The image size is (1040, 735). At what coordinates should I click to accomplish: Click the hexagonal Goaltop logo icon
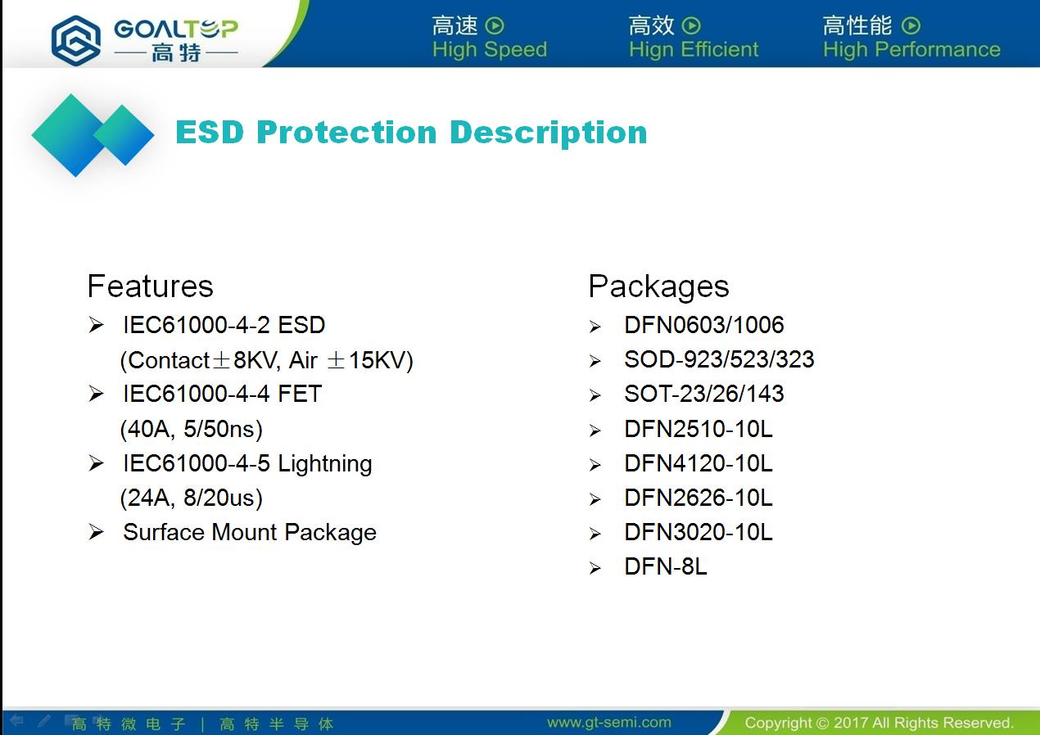[x=75, y=40]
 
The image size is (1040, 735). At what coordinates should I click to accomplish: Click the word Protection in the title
[x=346, y=133]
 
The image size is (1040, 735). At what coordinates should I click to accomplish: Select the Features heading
[x=151, y=286]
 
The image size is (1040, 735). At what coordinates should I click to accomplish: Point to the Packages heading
[x=659, y=286]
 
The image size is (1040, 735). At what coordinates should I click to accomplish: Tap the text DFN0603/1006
[x=704, y=325]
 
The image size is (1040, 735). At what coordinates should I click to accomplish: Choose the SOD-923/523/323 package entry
[x=719, y=359]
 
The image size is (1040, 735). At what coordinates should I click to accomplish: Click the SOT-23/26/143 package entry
[x=704, y=394]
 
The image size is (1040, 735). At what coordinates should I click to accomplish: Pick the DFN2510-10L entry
[x=699, y=429]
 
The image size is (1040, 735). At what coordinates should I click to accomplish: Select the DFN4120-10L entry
[x=699, y=463]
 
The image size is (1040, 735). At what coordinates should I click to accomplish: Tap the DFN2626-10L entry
[x=699, y=498]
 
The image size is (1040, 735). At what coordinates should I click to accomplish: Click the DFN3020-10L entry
[x=699, y=532]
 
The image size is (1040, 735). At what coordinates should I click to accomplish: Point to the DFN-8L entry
[x=665, y=566]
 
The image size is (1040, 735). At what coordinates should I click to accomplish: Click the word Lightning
[x=325, y=464]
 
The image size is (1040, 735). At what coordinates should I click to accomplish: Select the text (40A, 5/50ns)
[x=192, y=429]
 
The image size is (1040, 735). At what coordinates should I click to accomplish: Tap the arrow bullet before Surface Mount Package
[x=96, y=532]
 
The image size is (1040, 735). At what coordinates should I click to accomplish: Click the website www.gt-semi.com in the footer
[x=609, y=722]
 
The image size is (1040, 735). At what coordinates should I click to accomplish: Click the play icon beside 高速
[x=495, y=25]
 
